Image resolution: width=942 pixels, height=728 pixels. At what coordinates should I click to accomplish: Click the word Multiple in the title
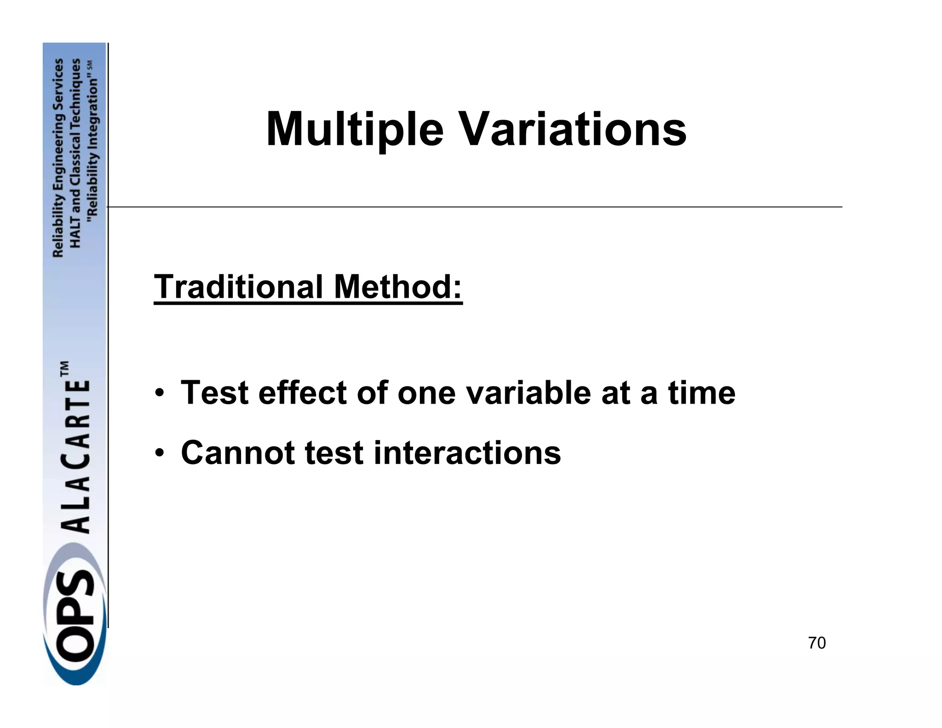(355, 129)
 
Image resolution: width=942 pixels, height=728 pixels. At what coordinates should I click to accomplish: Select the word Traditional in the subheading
(238, 286)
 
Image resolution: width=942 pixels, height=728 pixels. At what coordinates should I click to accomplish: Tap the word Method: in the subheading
(398, 286)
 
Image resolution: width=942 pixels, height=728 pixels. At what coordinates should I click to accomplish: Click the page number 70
(816, 643)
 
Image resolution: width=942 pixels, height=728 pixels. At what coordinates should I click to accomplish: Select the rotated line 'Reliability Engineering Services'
(58, 158)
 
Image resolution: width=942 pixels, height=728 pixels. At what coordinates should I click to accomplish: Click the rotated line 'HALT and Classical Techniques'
(76, 153)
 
